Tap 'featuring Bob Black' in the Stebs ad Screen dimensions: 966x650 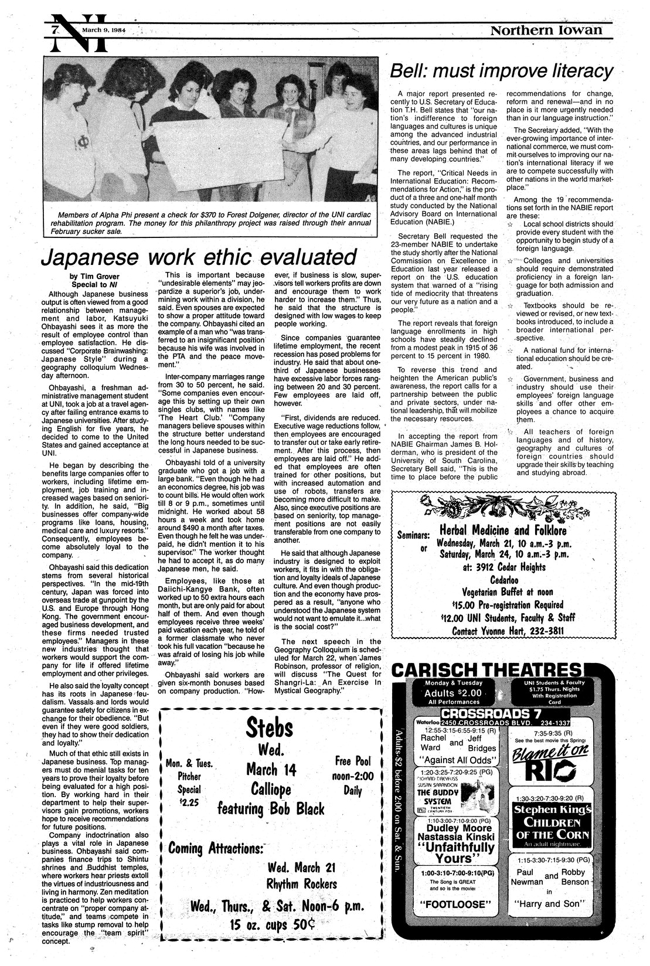tap(271, 809)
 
